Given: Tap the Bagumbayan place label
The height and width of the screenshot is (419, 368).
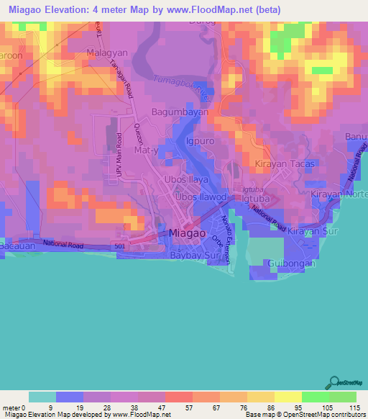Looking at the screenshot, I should [176, 113].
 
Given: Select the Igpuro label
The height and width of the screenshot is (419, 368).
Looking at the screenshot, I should [201, 142].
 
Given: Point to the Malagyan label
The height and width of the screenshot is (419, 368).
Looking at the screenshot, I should [107, 54].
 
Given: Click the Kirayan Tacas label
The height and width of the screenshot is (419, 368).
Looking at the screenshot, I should [286, 165].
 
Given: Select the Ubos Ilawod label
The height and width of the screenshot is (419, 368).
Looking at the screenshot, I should [202, 197].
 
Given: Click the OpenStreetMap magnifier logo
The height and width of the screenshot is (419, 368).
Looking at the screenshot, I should [333, 382].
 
